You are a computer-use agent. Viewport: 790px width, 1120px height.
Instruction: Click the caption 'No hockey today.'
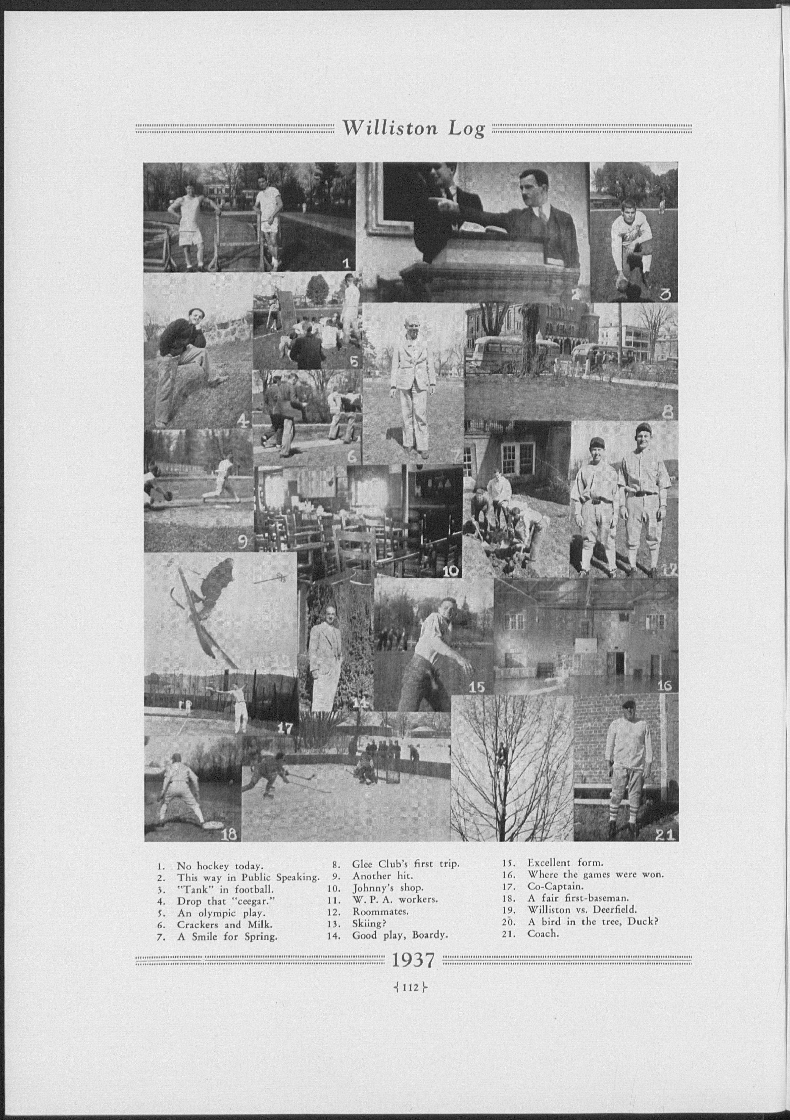click(220, 866)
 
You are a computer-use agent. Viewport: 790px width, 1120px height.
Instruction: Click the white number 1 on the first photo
click(346, 264)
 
